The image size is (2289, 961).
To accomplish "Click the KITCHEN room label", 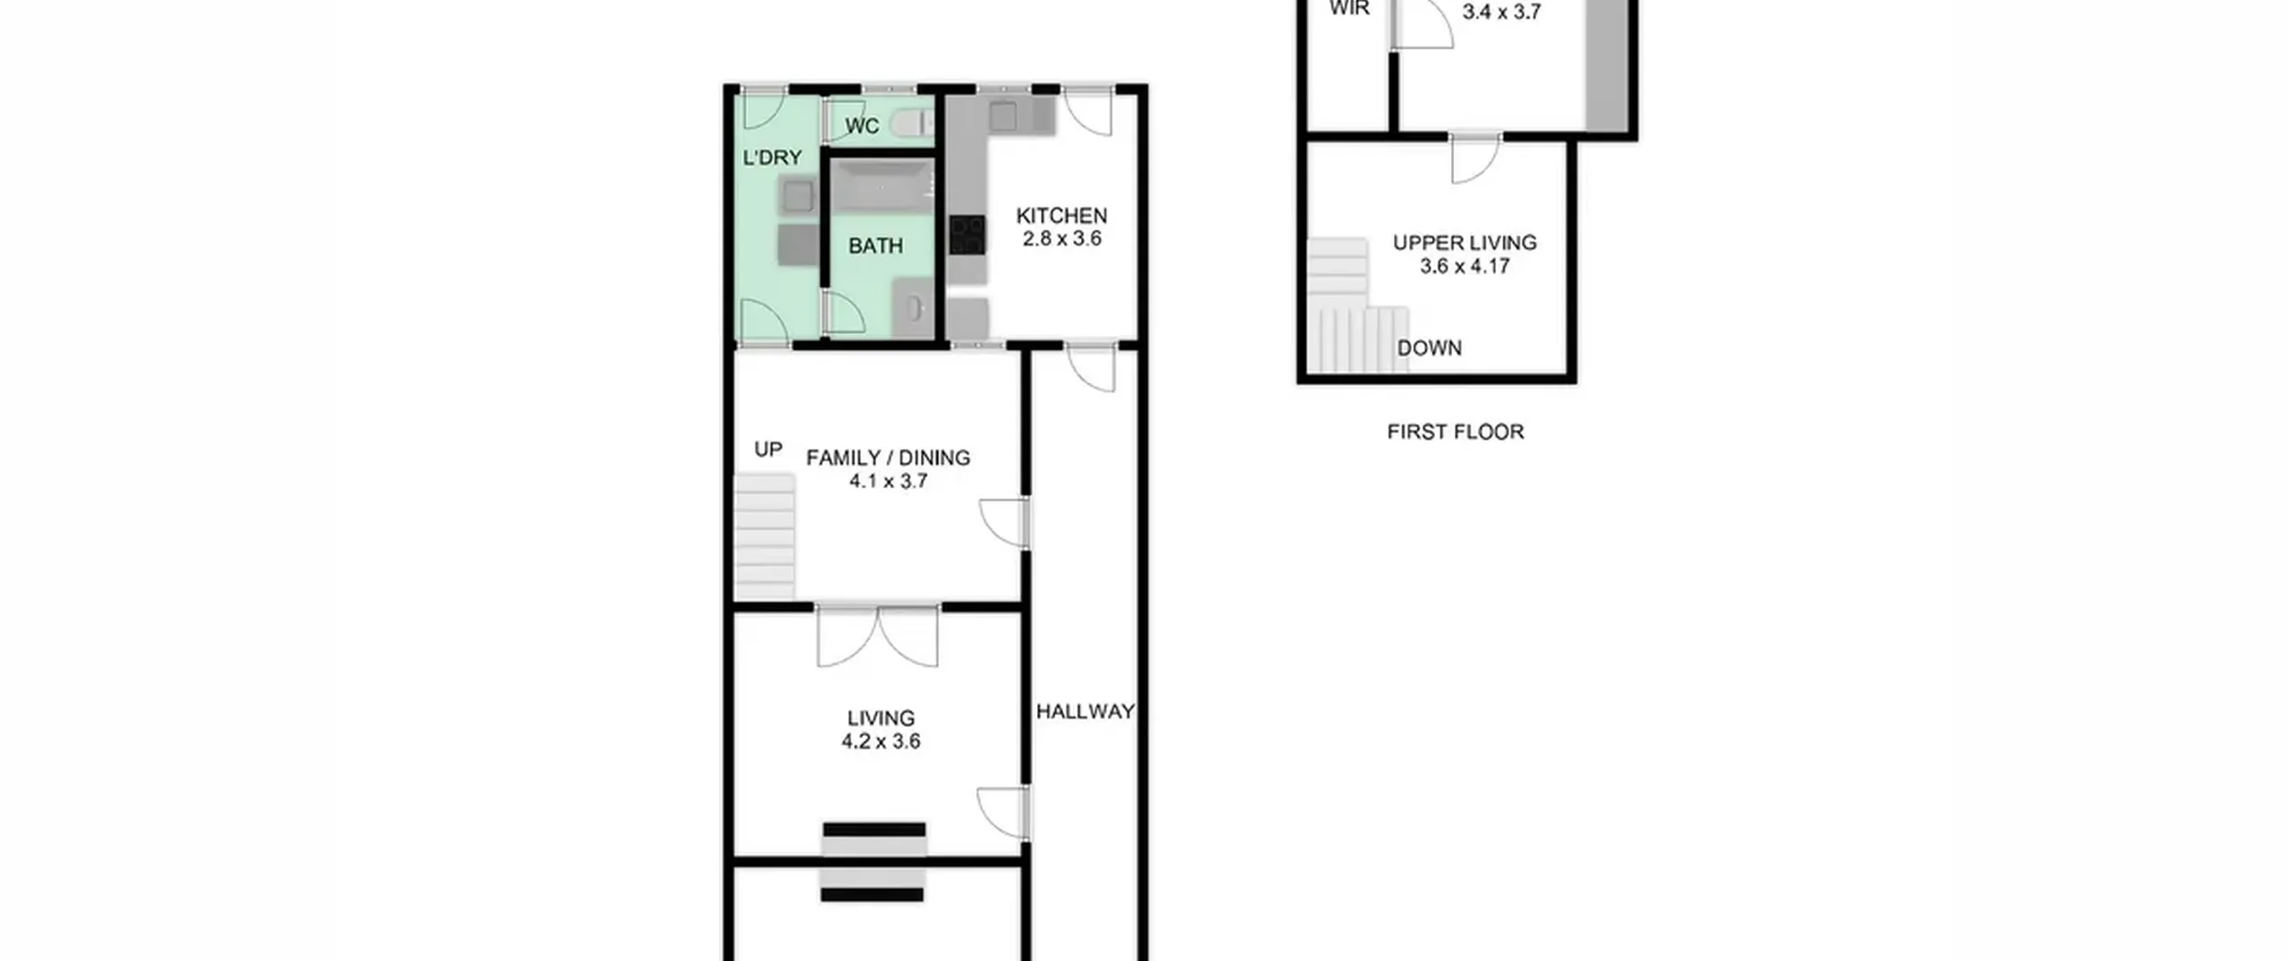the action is pyautogui.click(x=1061, y=215).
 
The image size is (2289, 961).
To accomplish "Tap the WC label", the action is pyautogui.click(x=862, y=126).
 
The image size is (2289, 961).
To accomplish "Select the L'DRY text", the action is pyautogui.click(x=773, y=157).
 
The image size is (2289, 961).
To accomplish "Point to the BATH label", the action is pyautogui.click(x=875, y=246).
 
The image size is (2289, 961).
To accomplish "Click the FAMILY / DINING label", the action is pyautogui.click(x=888, y=458).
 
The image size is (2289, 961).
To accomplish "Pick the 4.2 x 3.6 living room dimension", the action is pyautogui.click(x=881, y=741).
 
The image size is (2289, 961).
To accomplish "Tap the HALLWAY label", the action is pyautogui.click(x=1085, y=712).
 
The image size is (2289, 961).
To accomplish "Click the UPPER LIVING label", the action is pyautogui.click(x=1465, y=242).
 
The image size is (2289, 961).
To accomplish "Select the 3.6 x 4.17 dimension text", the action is pyautogui.click(x=1465, y=266).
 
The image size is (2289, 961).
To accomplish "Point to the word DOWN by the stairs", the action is pyautogui.click(x=1430, y=348).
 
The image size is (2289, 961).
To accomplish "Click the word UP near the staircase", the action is pyautogui.click(x=768, y=449).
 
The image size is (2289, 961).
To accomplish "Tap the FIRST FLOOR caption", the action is pyautogui.click(x=1456, y=432).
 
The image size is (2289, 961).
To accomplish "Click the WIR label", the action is pyautogui.click(x=1349, y=9).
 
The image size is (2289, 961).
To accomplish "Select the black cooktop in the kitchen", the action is pyautogui.click(x=967, y=235).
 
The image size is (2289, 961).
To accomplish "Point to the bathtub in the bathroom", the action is pyautogui.click(x=883, y=187).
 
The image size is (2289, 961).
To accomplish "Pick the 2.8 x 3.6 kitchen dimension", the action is pyautogui.click(x=1061, y=239).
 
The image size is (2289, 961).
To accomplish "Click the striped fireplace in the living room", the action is pyautogui.click(x=874, y=862).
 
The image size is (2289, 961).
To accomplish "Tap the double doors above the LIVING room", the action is pyautogui.click(x=878, y=636).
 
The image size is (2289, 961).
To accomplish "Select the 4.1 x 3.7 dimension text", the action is pyautogui.click(x=888, y=481).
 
